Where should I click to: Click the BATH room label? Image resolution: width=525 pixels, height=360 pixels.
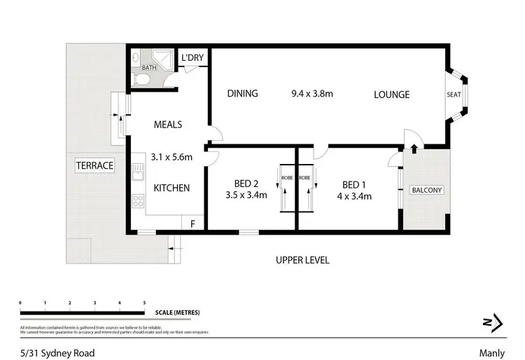pyautogui.click(x=149, y=68)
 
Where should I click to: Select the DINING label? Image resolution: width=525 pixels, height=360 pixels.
pyautogui.click(x=242, y=94)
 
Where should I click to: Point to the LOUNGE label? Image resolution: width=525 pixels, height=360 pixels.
pyautogui.click(x=391, y=95)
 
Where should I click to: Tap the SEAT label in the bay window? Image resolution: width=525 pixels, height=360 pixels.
pyautogui.click(x=454, y=95)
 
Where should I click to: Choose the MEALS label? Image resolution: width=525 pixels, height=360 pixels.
pyautogui.click(x=168, y=125)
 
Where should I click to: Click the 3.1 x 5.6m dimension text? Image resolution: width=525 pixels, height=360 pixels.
pyautogui.click(x=171, y=157)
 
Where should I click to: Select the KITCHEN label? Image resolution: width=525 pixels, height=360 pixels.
pyautogui.click(x=171, y=188)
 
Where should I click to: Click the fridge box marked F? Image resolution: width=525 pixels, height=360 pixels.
pyautogui.click(x=192, y=223)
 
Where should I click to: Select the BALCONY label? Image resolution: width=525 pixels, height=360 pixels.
pyautogui.click(x=426, y=190)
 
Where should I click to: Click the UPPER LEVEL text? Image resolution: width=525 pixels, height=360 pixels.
pyautogui.click(x=302, y=260)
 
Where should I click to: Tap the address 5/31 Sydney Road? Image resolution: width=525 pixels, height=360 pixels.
pyautogui.click(x=57, y=353)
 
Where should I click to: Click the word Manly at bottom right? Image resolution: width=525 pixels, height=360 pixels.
pyautogui.click(x=489, y=353)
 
